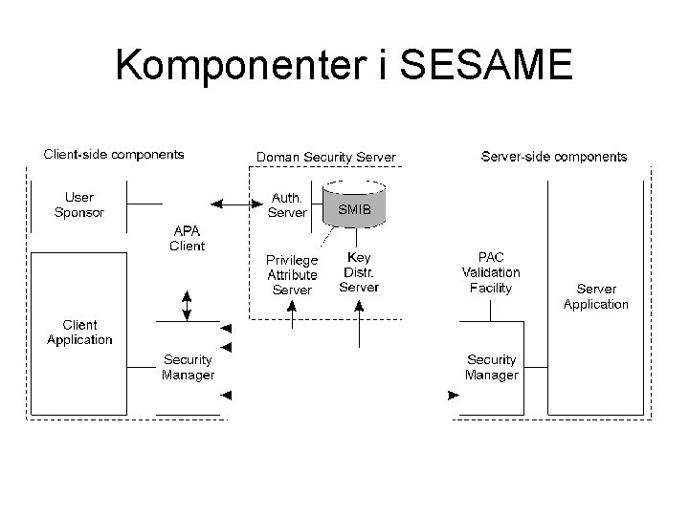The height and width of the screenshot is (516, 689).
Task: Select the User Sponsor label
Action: click(79, 205)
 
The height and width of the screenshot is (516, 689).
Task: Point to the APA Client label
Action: click(187, 238)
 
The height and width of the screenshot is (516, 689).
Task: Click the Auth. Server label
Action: click(287, 205)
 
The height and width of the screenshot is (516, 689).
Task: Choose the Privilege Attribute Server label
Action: click(292, 274)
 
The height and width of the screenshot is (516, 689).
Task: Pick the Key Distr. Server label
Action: click(359, 272)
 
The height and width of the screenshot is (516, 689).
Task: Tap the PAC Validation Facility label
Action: click(491, 272)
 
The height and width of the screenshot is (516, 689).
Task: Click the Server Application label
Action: click(595, 296)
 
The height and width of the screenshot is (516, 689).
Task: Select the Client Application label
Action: click(79, 333)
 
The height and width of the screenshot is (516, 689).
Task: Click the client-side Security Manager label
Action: click(188, 367)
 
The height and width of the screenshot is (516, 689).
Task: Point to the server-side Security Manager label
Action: click(491, 367)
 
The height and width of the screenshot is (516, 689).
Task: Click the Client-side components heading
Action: click(114, 154)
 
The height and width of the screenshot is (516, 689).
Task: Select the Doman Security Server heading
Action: click(325, 157)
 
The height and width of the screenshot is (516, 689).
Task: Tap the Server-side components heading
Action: click(554, 156)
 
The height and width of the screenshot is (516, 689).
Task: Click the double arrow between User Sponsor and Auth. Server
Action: click(232, 203)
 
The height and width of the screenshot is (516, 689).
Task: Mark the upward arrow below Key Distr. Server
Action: click(359, 320)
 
